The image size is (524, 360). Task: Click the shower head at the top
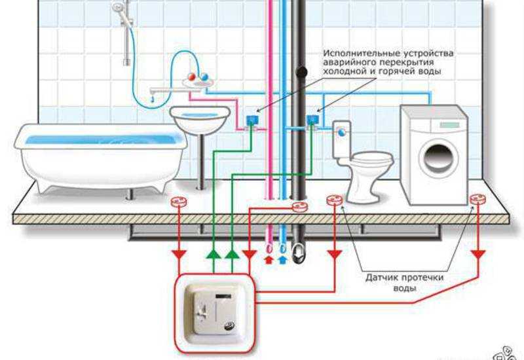(119, 9)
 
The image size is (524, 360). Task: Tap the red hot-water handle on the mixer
(191, 77)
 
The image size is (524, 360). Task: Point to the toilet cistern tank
(343, 138)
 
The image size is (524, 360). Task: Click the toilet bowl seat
(371, 159)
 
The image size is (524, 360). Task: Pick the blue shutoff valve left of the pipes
(251, 120)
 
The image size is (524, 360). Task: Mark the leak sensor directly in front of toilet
(334, 199)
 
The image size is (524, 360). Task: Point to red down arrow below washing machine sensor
(479, 253)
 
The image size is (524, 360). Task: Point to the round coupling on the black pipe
(302, 72)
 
